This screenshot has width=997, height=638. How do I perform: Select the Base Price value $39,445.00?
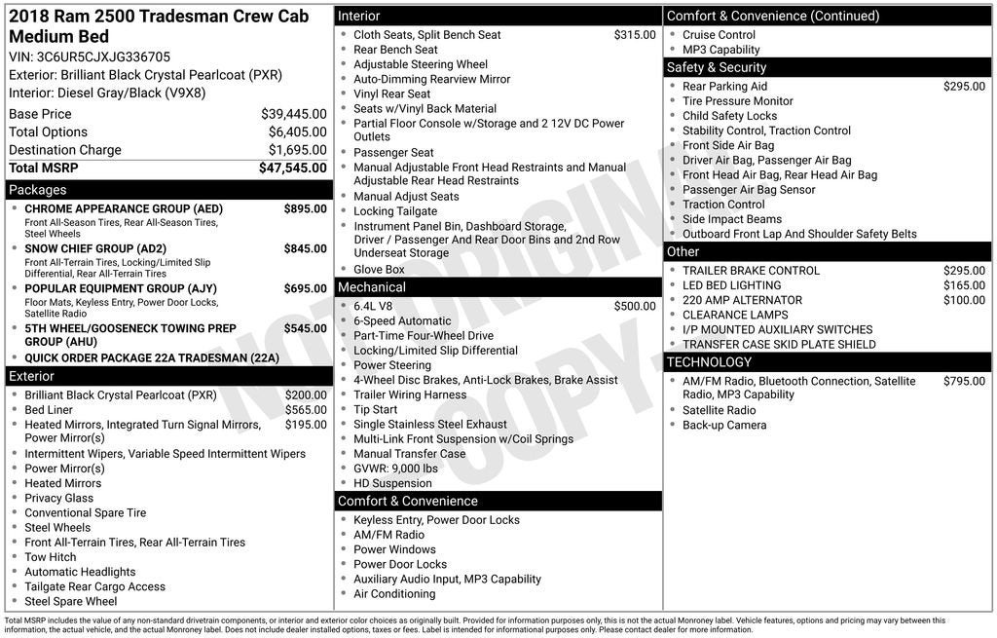tap(293, 114)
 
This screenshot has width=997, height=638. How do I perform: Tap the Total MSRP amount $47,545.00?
tap(292, 169)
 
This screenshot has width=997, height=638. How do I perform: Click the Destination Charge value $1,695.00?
tap(297, 150)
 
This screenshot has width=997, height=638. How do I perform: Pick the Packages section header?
tap(38, 190)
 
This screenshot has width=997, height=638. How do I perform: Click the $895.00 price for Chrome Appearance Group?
tap(305, 209)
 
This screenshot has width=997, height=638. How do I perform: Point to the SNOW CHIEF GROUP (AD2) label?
tap(95, 249)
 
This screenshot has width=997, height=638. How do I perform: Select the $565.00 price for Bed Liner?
tap(306, 410)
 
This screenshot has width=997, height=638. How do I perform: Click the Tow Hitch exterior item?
tap(51, 557)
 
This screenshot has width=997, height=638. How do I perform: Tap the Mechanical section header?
tap(372, 287)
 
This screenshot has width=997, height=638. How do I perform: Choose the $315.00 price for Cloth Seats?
tap(635, 35)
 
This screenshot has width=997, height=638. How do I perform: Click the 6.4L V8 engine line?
tap(373, 307)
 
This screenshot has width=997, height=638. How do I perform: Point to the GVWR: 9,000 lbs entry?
tap(395, 469)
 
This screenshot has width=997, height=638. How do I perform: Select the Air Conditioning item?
tap(394, 594)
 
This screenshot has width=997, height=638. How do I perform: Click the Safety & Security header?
tap(717, 67)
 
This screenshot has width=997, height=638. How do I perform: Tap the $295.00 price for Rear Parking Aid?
tap(964, 87)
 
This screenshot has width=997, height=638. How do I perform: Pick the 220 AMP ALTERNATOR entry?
tap(742, 300)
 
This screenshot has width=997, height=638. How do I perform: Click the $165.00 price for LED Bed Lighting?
tap(964, 285)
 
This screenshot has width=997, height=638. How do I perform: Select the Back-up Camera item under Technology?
tap(724, 426)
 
